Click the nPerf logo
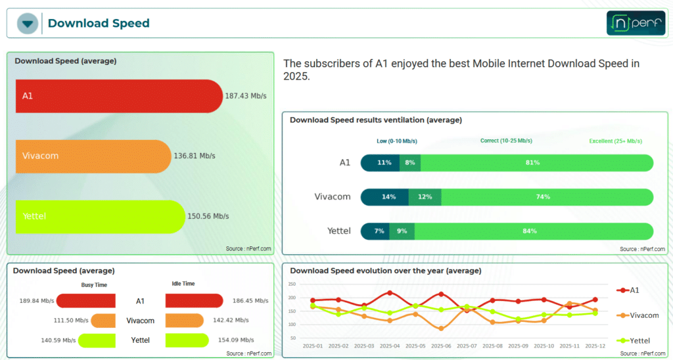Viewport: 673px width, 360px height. (x=636, y=23)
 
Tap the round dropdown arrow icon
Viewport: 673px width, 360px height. (x=28, y=23)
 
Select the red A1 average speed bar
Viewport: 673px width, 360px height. (x=120, y=96)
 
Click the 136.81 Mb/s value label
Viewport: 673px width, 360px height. (x=195, y=156)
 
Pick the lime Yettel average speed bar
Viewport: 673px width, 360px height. (x=101, y=217)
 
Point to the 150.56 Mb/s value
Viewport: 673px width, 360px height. (x=208, y=216)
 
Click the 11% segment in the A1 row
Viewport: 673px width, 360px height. (x=381, y=163)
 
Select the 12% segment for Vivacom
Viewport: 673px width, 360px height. (x=425, y=197)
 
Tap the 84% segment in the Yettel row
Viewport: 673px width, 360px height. (x=534, y=231)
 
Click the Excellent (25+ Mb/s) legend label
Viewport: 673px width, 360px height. (x=615, y=141)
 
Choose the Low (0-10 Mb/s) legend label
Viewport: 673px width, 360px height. (x=397, y=141)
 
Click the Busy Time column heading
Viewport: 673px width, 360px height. (x=94, y=285)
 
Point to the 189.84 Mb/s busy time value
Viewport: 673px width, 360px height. (x=37, y=301)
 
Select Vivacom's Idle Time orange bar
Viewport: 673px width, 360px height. (x=185, y=321)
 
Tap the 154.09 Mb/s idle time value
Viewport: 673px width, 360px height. (x=236, y=340)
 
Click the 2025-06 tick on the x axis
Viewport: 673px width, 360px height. (x=441, y=346)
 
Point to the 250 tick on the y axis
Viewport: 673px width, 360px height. (x=292, y=284)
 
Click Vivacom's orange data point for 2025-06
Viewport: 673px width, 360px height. (x=441, y=328)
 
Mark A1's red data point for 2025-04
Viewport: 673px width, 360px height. (x=390, y=293)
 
